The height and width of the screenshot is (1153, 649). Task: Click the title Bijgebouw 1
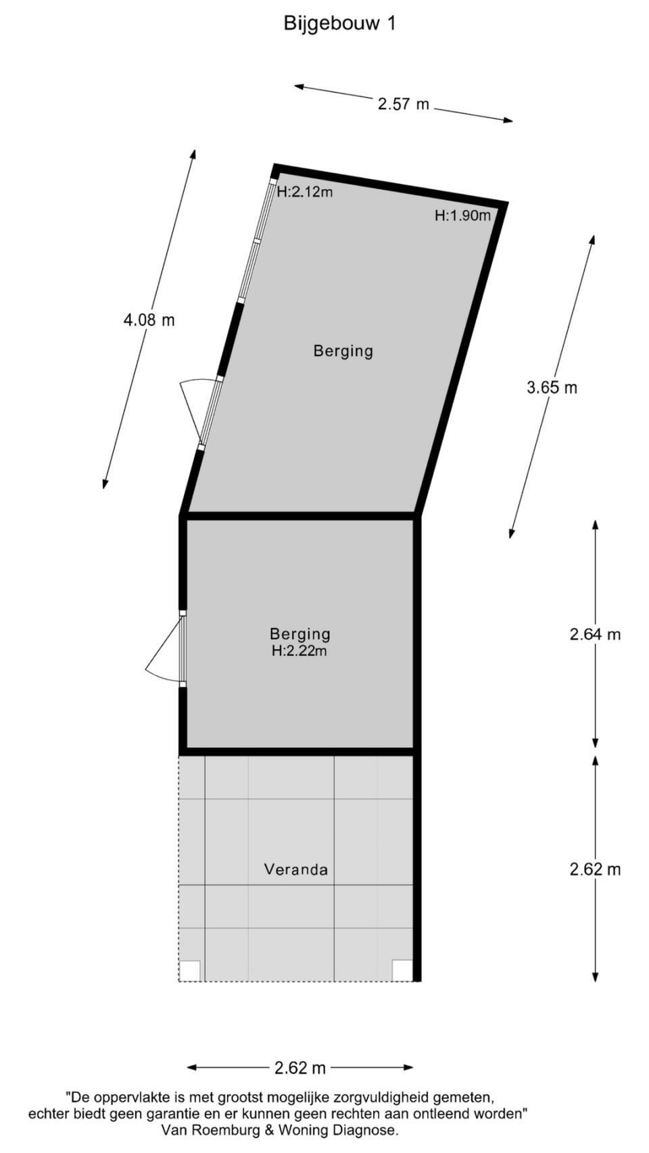pos(339,23)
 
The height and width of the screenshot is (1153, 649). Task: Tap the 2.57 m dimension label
pos(404,104)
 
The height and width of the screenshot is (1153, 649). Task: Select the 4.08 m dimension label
pos(149,320)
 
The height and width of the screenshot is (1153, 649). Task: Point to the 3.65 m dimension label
pos(552,387)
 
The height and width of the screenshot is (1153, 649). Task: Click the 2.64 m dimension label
pos(595,634)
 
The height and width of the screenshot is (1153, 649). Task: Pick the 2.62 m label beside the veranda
pos(595,869)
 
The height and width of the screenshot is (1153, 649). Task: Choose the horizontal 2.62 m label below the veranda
pos(299,1068)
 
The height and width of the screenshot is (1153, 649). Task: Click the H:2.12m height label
pos(305,193)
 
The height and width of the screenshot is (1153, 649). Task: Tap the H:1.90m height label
pos(462,215)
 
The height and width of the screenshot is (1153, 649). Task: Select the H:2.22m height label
pos(299,650)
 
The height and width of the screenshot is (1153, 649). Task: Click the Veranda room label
pos(295,869)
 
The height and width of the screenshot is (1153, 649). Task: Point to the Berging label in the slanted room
pos(343,351)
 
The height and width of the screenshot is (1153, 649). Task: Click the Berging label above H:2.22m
pos(299,634)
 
